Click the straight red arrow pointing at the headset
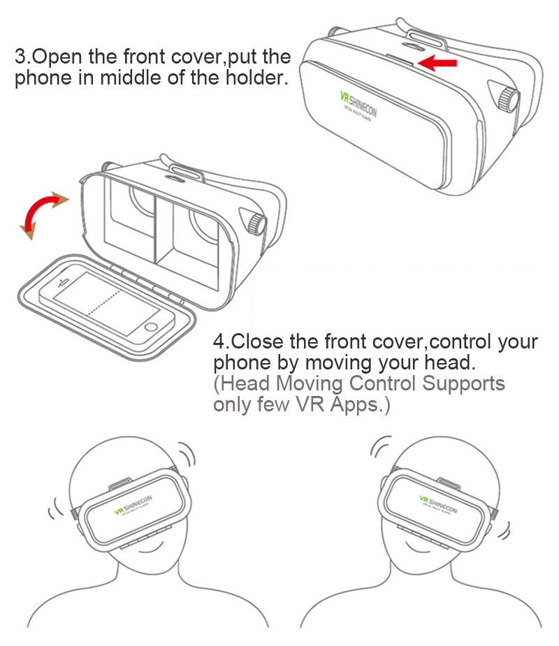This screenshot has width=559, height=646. [x=437, y=64]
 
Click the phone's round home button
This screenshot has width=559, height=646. [x=152, y=327]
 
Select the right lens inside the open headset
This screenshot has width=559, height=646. [x=199, y=223]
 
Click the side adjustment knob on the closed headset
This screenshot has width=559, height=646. [x=509, y=98]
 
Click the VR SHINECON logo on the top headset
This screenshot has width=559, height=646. [x=358, y=103]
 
